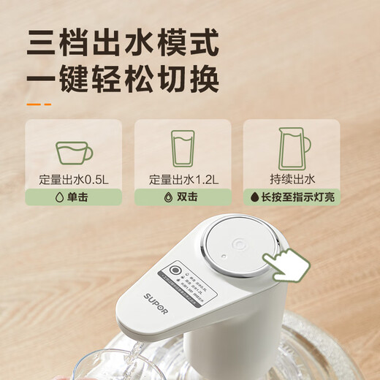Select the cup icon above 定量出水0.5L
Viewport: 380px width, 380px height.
pyautogui.click(x=74, y=153)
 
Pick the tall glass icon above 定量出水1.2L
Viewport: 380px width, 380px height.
pyautogui.click(x=182, y=148)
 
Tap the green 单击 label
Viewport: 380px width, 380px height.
pyautogui.click(x=73, y=197)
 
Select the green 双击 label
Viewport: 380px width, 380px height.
pyautogui.click(x=182, y=197)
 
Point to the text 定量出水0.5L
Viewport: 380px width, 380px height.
pyautogui.click(x=73, y=178)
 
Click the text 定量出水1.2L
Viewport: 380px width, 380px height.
pyautogui.click(x=182, y=178)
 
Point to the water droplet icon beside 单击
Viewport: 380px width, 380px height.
pyautogui.click(x=57, y=197)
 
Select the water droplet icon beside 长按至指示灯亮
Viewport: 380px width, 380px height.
pyautogui.click(x=255, y=197)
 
